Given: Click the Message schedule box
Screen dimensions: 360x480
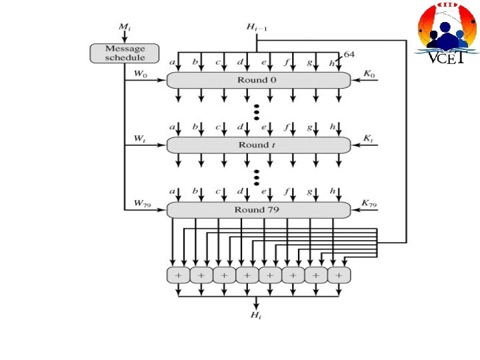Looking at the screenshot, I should pos(125,53).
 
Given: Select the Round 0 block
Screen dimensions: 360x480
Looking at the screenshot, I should pos(258,80).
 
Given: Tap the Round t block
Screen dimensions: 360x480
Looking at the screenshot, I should pos(258,145).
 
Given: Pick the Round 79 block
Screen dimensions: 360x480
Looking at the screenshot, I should pos(258,210).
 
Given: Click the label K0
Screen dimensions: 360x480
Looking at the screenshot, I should pos(369,74).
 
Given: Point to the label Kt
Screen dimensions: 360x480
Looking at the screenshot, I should pos(368,139).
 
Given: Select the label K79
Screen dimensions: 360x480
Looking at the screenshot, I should pos(369,203).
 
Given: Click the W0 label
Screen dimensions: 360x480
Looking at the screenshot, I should pos(141,74).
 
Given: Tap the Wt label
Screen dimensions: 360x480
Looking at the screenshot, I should pos(140,139).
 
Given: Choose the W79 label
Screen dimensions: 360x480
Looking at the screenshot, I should pos(142,203).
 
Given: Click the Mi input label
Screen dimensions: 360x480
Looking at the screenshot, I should pos(124,27).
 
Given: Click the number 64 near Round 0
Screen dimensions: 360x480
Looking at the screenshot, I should pos(349,54).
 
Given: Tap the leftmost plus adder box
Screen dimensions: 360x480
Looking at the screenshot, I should pos(178,275).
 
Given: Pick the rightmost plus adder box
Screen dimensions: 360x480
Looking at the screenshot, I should pos(339,275).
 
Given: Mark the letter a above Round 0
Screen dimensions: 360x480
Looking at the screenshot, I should pos(173,62).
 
